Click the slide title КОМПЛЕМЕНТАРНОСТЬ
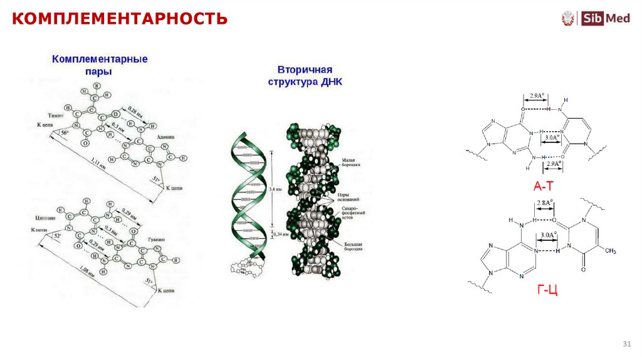120,18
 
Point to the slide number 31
625,344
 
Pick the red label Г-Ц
547,289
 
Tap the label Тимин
57,117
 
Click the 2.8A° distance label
544,203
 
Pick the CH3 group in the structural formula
611,251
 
